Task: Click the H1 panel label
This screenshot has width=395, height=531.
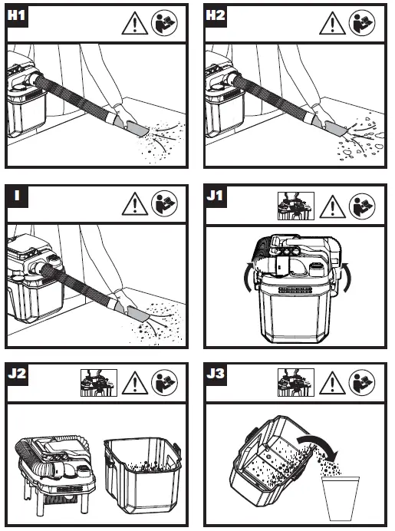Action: (x=16, y=15)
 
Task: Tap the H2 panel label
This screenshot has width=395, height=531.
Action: (x=216, y=15)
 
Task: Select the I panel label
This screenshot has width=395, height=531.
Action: (x=17, y=196)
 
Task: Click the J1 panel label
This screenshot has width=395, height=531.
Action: (x=216, y=196)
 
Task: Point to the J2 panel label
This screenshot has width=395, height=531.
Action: (x=17, y=374)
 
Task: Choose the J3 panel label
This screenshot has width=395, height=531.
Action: (x=216, y=374)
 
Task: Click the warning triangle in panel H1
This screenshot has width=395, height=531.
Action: (x=135, y=25)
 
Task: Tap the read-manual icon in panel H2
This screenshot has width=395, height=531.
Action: (x=362, y=22)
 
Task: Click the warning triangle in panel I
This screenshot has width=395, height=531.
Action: (x=135, y=205)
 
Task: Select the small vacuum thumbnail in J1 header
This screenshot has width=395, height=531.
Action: (x=296, y=206)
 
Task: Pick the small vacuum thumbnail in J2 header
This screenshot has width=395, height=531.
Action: (x=99, y=383)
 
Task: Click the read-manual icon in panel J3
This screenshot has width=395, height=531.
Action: (x=362, y=383)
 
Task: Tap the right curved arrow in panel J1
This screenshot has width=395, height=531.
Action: (x=348, y=277)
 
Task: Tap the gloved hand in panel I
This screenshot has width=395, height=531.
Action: (x=125, y=298)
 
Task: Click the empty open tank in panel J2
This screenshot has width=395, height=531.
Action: (x=142, y=474)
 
